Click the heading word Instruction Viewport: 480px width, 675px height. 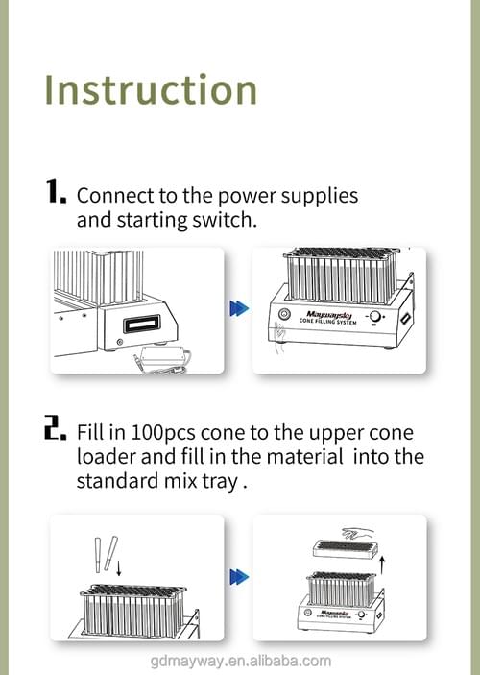coord(151,89)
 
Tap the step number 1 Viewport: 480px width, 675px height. coord(56,191)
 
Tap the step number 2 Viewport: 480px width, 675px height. coord(56,427)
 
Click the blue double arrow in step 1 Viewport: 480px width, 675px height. coord(239,308)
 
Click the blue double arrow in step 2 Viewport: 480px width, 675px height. coord(239,577)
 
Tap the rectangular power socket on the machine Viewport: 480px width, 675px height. coord(142,324)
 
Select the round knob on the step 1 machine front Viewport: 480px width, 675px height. coord(375,317)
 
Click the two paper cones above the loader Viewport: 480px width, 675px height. coord(106,554)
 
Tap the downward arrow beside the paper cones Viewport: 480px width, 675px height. coord(119,567)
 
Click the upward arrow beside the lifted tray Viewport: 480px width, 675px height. coord(382,566)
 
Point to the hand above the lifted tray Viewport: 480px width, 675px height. coord(357,533)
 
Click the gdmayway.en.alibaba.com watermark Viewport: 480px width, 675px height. coord(241,661)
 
